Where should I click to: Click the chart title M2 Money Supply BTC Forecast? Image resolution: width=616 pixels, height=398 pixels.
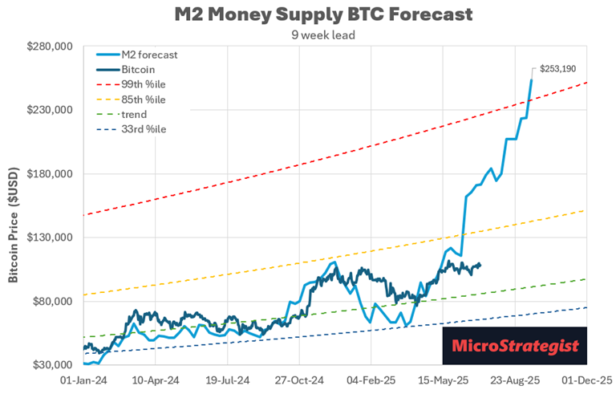(x=322, y=14)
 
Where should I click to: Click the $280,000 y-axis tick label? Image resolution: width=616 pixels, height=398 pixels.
(x=51, y=47)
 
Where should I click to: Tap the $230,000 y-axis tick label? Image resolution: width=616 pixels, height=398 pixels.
(x=51, y=110)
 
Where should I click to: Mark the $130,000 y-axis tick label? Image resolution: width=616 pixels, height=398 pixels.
(x=51, y=238)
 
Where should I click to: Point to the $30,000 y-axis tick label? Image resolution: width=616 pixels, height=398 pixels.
(x=53, y=365)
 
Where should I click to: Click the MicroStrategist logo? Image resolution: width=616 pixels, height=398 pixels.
(x=514, y=347)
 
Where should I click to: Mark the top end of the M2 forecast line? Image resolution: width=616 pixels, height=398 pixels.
(x=532, y=79)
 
